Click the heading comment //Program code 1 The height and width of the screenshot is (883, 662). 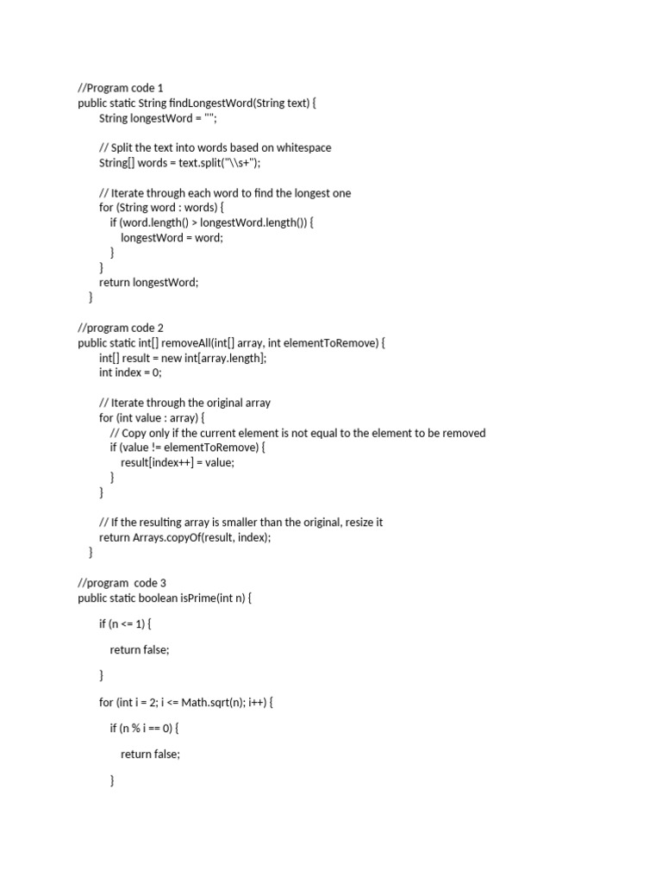pyautogui.click(x=120, y=88)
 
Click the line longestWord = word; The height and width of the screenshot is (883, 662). pyautogui.click(x=172, y=237)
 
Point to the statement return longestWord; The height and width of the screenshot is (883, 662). pyautogui.click(x=148, y=282)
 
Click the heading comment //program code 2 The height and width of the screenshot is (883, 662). pyautogui.click(x=121, y=328)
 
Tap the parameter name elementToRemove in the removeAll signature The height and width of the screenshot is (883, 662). pyautogui.click(x=331, y=343)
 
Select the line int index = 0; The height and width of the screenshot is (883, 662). pyautogui.click(x=130, y=373)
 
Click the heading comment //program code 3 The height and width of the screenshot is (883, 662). pyautogui.click(x=122, y=583)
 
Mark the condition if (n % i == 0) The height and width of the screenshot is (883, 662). pyautogui.click(x=144, y=728)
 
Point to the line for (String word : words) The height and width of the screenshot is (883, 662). pyautogui.click(x=161, y=208)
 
